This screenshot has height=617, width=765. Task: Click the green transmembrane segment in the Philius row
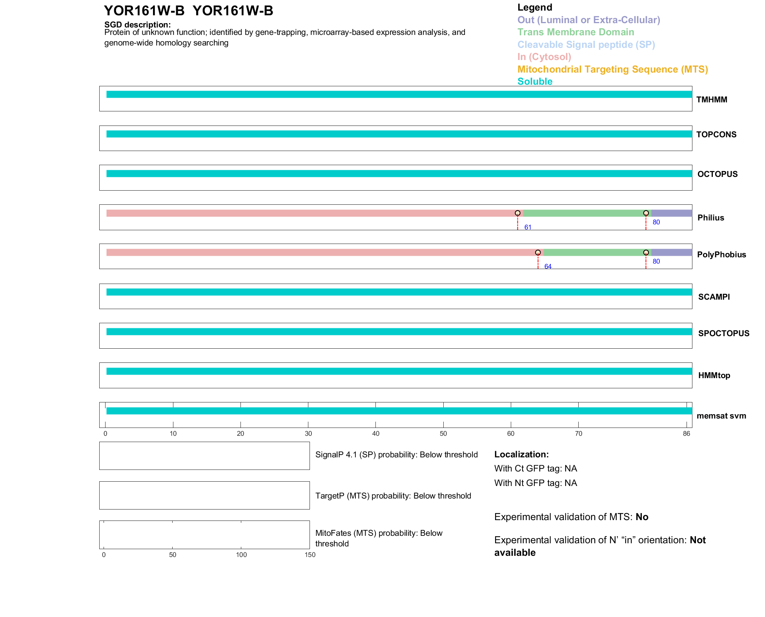(x=585, y=213)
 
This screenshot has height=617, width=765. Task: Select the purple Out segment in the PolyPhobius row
(x=671, y=253)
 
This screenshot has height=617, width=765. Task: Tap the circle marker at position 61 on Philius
(x=517, y=213)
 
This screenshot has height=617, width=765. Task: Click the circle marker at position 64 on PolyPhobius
(x=538, y=253)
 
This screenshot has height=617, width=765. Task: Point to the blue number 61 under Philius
(x=528, y=228)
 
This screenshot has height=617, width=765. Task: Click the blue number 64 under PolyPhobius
(x=548, y=267)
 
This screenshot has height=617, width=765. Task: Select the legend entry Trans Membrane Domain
(x=576, y=32)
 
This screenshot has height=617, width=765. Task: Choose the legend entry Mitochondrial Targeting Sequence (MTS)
(x=612, y=69)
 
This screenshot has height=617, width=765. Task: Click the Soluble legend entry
(x=535, y=82)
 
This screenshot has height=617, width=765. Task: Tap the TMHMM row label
(x=712, y=100)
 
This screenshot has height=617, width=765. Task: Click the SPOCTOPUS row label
(x=723, y=333)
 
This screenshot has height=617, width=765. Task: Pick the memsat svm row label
(x=721, y=416)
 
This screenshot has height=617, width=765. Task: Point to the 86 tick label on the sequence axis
(x=686, y=433)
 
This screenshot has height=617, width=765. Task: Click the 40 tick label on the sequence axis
(x=375, y=433)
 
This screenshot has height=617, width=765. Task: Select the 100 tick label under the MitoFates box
(x=241, y=555)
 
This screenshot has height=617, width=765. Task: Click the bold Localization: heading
(x=521, y=455)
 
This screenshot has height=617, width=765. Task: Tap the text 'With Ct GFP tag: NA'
(x=535, y=469)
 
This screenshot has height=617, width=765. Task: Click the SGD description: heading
(x=137, y=25)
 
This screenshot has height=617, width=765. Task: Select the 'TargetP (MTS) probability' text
(x=393, y=496)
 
